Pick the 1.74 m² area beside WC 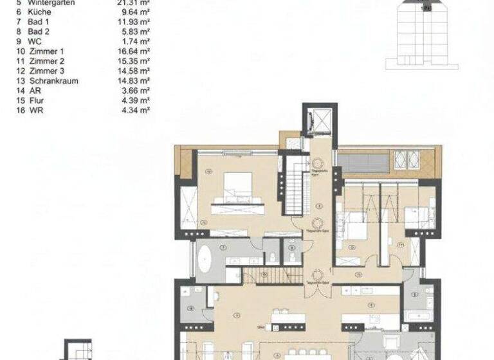coord(137,41)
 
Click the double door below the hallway coord(315,289)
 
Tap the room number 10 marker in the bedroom coord(210,171)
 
